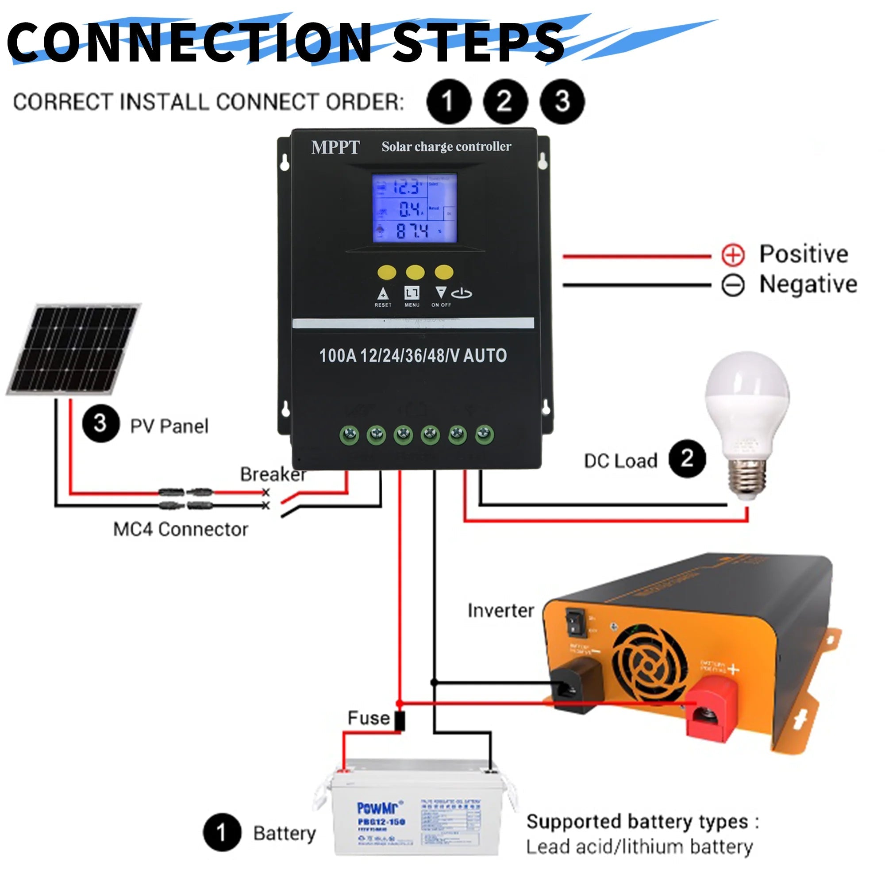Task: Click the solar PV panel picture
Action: (x=73, y=349)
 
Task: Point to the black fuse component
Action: (x=400, y=720)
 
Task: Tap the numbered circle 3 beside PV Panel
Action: (x=101, y=424)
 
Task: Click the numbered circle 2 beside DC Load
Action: (x=687, y=458)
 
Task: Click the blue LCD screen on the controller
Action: (x=414, y=208)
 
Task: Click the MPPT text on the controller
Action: (x=335, y=147)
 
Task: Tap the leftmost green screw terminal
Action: (x=350, y=434)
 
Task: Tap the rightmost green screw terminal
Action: (x=484, y=434)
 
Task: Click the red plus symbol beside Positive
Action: (x=732, y=255)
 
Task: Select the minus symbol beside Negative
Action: (x=732, y=285)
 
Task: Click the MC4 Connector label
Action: (x=181, y=530)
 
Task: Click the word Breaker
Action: (x=273, y=474)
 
